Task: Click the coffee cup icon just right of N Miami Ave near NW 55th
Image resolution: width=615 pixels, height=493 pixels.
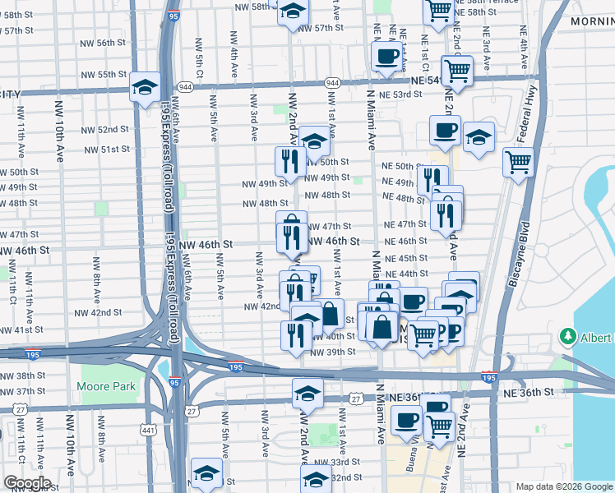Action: tap(386, 57)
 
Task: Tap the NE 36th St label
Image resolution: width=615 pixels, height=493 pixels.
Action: tap(527, 393)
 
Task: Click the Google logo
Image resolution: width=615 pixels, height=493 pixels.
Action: tap(26, 482)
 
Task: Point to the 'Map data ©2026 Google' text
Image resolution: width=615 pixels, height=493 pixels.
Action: tap(563, 486)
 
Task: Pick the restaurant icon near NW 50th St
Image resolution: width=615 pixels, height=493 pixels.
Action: tap(289, 160)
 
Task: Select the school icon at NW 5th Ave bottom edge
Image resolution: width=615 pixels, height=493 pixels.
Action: tap(206, 473)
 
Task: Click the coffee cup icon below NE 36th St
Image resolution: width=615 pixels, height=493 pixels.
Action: tap(405, 422)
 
